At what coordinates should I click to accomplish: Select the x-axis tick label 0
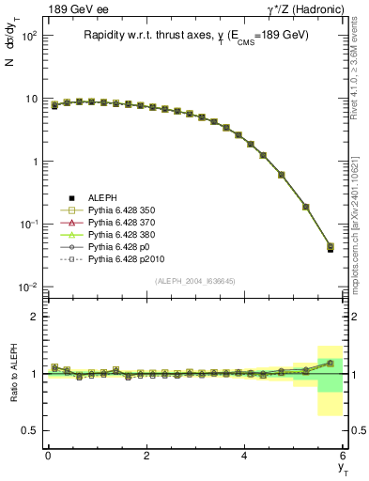coord(48,456)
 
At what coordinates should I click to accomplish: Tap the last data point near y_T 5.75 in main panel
coord(330,248)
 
